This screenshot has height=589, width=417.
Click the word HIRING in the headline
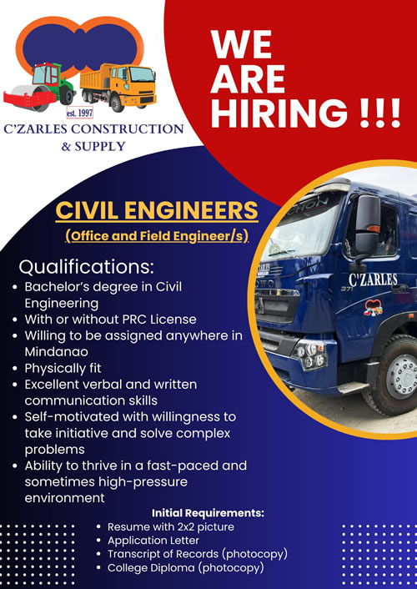click(x=279, y=112)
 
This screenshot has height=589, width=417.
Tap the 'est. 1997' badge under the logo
click(x=79, y=113)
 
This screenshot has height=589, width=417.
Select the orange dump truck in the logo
click(x=118, y=87)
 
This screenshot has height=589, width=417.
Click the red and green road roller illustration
click(x=38, y=87)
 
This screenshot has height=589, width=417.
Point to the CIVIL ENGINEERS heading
click(x=157, y=210)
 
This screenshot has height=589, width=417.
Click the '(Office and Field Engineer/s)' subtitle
click(x=157, y=236)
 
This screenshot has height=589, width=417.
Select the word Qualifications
click(x=87, y=267)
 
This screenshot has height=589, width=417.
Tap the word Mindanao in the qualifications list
click(x=57, y=352)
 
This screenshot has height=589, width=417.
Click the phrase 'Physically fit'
click(x=63, y=369)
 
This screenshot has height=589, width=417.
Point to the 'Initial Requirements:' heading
click(x=208, y=513)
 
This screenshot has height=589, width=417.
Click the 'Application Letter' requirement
click(x=153, y=541)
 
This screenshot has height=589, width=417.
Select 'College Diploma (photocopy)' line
click(x=186, y=568)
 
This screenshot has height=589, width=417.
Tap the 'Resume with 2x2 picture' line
click(x=171, y=527)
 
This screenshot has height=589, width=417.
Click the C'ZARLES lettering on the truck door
click(x=373, y=279)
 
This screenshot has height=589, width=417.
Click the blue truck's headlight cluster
click(x=309, y=355)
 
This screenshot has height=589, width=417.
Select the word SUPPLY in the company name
click(x=100, y=146)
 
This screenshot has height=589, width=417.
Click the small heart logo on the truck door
click(x=373, y=308)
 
